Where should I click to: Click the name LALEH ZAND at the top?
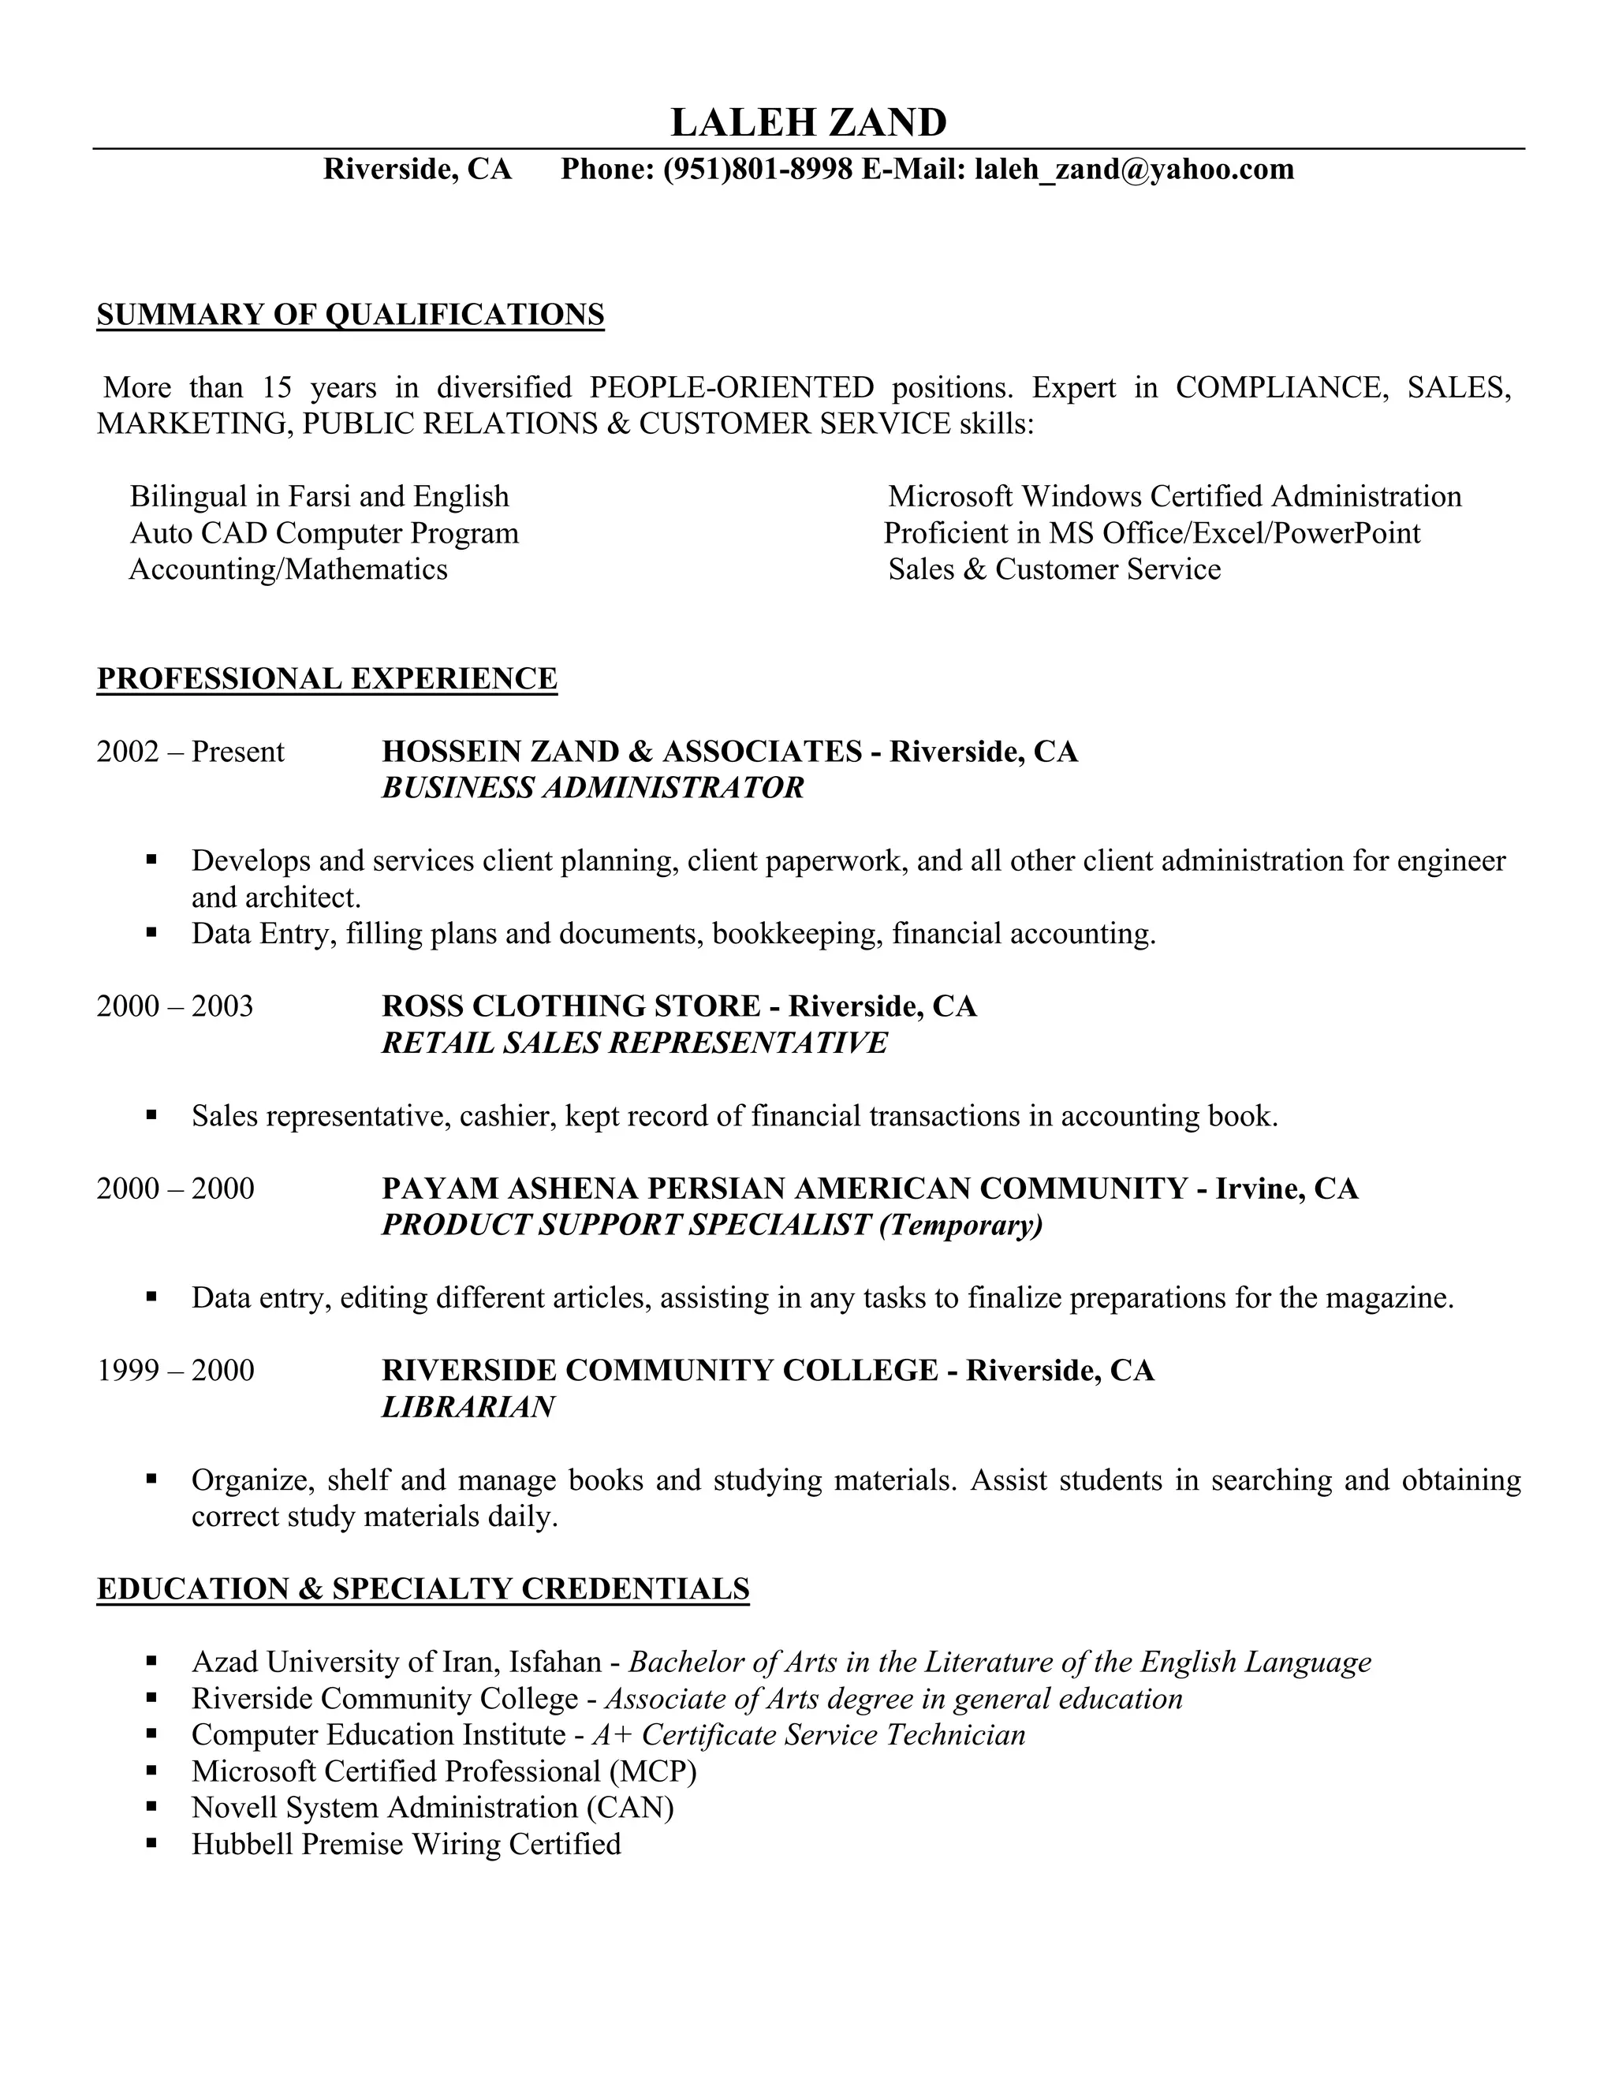[x=808, y=122]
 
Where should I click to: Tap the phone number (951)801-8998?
[x=757, y=170]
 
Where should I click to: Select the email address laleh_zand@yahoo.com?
[x=1134, y=170]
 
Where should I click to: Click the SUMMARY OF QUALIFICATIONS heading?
[x=350, y=315]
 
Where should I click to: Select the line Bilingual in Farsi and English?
[x=319, y=497]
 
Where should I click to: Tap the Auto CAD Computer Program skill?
[x=324, y=533]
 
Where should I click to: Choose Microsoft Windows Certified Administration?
[x=1175, y=497]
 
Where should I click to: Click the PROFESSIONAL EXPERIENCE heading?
[x=327, y=678]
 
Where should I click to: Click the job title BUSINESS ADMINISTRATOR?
[x=592, y=789]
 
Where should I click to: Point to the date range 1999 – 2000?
[x=176, y=1372]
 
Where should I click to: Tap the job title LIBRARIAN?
[x=468, y=1408]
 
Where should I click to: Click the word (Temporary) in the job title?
[x=960, y=1225]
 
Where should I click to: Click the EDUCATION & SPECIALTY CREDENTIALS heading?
[x=423, y=1589]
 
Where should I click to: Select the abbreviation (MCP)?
[x=654, y=1771]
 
